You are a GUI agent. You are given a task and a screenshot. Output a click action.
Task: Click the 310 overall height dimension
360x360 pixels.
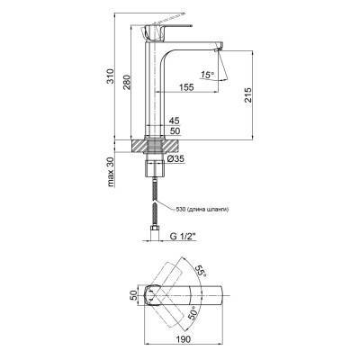[111, 76]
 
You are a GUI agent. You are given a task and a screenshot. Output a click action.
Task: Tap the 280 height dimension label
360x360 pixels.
[127, 82]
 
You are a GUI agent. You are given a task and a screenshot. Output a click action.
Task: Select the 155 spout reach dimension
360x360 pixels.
[186, 87]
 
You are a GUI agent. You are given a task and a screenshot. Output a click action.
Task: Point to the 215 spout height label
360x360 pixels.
[247, 95]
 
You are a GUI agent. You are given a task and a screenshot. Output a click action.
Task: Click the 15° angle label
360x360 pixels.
[207, 75]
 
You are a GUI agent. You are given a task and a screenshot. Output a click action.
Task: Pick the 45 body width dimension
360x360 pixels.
[174, 121]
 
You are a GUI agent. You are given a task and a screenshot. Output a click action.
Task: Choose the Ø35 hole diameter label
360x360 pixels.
[175, 160]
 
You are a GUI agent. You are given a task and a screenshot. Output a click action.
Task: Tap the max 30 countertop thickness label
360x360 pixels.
[111, 172]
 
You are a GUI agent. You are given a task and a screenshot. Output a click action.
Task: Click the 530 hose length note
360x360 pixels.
[202, 210]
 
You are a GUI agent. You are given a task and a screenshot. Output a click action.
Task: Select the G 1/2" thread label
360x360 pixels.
[183, 237]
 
